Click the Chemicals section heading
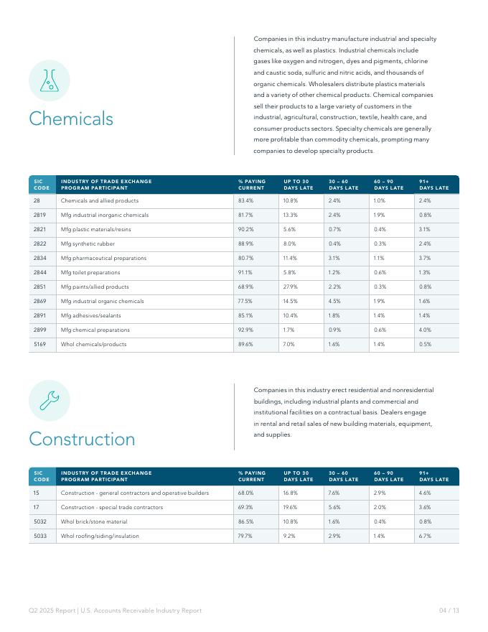tap(71, 118)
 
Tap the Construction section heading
tap(82, 439)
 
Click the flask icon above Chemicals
tap(49, 80)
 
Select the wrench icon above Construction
tap(49, 401)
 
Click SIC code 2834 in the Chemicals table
tap(40, 258)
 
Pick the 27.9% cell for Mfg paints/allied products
tap(290, 287)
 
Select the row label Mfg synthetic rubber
tap(88, 243)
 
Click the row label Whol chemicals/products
tap(93, 344)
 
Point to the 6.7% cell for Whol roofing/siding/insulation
tap(425, 536)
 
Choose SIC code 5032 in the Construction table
tap(40, 521)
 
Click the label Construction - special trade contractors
tap(112, 507)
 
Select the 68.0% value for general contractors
tap(245, 493)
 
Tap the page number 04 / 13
tap(449, 610)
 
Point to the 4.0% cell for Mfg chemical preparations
tap(425, 330)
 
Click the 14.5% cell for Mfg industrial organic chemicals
tap(290, 301)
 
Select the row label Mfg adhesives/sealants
tap(90, 315)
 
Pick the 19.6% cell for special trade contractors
tap(290, 507)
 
